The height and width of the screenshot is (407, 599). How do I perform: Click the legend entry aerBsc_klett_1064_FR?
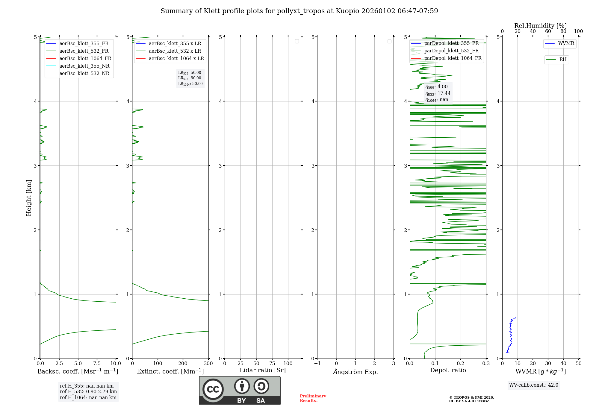(85, 59)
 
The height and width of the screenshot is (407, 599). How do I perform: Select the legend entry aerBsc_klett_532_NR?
(84, 74)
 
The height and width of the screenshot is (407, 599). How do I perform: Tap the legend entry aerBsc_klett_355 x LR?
(175, 44)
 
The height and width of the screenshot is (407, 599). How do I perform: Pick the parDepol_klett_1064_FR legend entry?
(453, 58)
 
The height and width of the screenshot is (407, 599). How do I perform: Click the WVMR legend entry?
(566, 43)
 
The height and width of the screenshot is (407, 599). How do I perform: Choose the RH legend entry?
(563, 60)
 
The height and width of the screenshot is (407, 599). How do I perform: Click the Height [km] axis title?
(29, 198)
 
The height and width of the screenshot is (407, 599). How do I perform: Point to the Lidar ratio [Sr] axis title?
(263, 370)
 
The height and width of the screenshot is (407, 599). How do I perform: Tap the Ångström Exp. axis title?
(356, 372)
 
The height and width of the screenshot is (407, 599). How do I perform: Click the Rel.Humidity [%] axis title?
(540, 26)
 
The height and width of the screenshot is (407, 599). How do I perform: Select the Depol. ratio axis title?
(448, 370)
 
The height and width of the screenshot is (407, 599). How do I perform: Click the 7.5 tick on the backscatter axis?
(97, 364)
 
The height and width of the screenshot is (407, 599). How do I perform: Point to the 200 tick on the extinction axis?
(183, 364)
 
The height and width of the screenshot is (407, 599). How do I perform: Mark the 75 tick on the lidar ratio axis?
(272, 364)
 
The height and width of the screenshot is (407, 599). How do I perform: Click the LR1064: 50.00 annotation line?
(190, 84)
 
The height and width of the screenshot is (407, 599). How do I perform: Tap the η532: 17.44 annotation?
(438, 94)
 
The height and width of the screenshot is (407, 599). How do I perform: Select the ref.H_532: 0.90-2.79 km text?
(88, 392)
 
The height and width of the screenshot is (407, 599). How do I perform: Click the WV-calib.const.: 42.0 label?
(534, 385)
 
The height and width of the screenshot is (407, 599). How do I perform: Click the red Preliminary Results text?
(313, 398)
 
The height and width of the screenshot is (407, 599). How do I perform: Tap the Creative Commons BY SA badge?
(240, 390)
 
